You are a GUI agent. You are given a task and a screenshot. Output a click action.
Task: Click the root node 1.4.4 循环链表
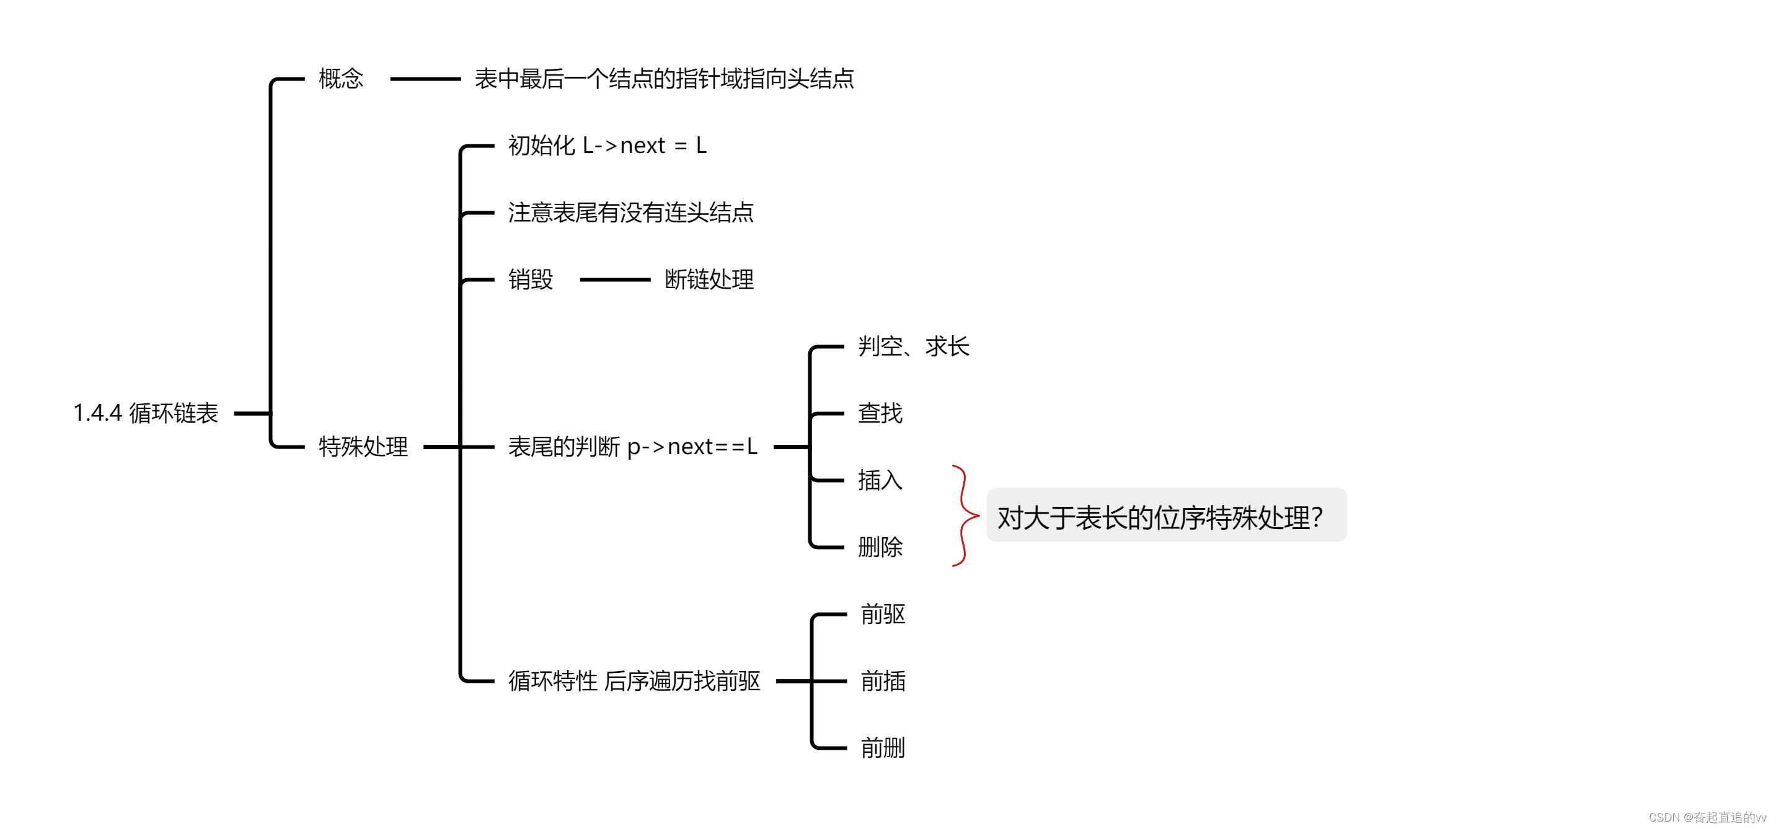tap(146, 413)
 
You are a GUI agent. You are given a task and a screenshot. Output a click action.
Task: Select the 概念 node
tap(340, 79)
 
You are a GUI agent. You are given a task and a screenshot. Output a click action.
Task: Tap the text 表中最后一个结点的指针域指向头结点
tap(664, 79)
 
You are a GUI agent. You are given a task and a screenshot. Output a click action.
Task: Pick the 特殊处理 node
tap(363, 447)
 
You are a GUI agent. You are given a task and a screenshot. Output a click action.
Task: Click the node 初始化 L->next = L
tap(607, 146)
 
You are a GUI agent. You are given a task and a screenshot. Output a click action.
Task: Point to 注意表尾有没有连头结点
tap(630, 213)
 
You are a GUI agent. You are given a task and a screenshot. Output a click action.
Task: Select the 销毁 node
tap(530, 279)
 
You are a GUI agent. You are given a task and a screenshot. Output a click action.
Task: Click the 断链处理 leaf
tap(709, 279)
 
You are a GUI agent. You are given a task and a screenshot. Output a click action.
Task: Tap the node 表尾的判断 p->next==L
tap(632, 447)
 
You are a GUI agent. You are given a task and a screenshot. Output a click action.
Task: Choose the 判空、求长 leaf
tap(914, 346)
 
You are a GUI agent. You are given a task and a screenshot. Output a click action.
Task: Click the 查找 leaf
tap(880, 413)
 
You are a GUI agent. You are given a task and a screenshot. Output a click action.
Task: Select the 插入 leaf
tap(880, 480)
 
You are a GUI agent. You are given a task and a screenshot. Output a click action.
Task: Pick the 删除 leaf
tap(880, 547)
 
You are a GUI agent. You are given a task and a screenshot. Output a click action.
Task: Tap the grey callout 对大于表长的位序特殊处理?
tap(1166, 515)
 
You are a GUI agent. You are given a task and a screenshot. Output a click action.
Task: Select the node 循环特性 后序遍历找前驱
tap(634, 681)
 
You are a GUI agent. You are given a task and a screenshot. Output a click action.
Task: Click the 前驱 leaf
tap(883, 614)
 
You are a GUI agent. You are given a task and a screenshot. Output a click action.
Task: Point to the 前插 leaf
tap(883, 681)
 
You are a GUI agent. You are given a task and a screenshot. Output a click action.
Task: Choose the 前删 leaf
tap(883, 748)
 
